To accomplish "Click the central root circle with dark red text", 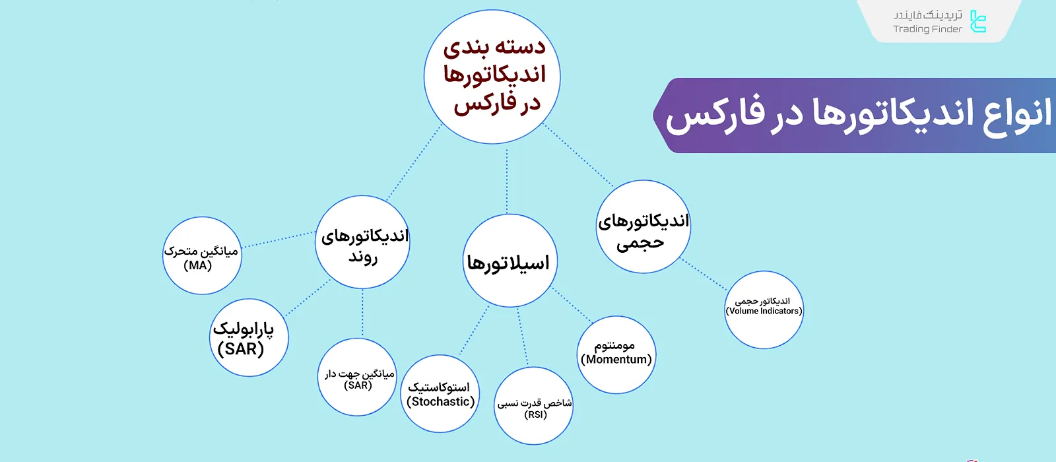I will click(x=492, y=77).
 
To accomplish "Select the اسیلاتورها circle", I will click(x=509, y=261).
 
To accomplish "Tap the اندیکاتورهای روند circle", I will click(x=362, y=242).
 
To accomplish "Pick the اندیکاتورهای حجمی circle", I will click(x=643, y=227).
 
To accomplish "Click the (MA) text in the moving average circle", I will click(x=198, y=265).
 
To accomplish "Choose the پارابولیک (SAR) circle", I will click(x=249, y=338).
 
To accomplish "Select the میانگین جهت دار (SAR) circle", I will click(x=357, y=378).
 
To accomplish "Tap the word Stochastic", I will click(x=441, y=401).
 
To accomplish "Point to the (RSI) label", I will click(x=535, y=414).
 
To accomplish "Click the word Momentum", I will click(x=616, y=359).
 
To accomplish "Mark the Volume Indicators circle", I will click(x=764, y=310).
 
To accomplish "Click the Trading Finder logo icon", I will click(x=978, y=21).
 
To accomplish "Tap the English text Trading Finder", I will click(x=927, y=29).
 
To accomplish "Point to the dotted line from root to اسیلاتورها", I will click(x=507, y=180).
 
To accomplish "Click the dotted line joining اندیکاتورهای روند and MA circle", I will click(x=279, y=240).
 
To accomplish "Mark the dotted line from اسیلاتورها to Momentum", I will click(x=573, y=305).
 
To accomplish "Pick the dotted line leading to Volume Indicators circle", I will click(x=704, y=275).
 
